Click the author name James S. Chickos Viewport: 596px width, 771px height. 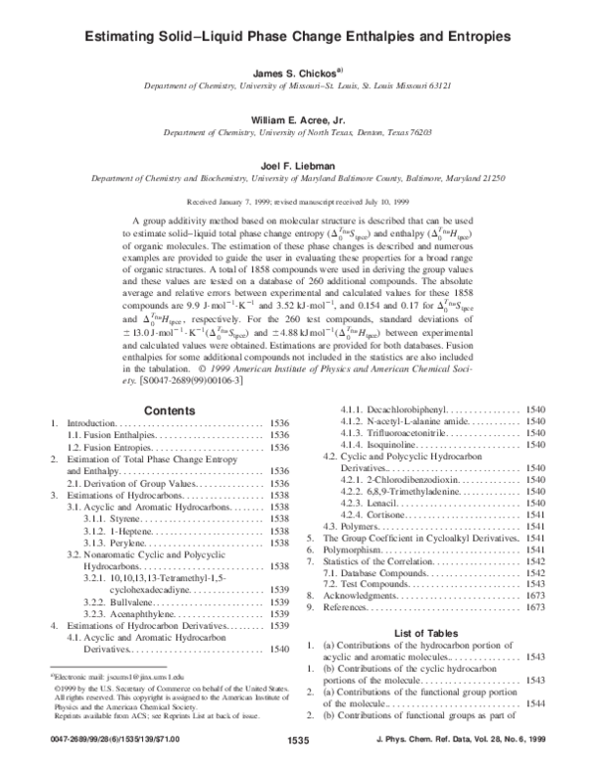coord(298,72)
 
